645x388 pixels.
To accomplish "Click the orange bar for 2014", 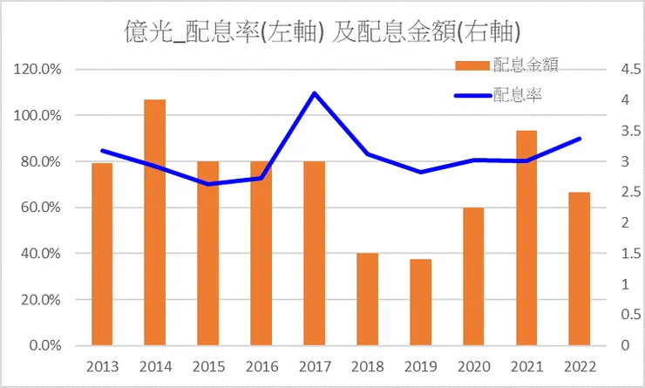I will click(154, 222).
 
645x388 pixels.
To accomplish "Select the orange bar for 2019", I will click(421, 302).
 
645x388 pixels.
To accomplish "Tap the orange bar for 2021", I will click(527, 238).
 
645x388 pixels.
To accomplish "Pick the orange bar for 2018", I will click(368, 299).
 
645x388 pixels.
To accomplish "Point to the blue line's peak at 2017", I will click(314, 93).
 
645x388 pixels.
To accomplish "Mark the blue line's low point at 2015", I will click(207, 184).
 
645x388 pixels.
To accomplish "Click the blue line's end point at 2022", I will click(580, 139).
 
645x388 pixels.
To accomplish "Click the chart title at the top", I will click(323, 31).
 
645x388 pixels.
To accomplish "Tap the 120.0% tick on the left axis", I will click(37, 70).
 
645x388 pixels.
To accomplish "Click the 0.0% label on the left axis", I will click(44, 346).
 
